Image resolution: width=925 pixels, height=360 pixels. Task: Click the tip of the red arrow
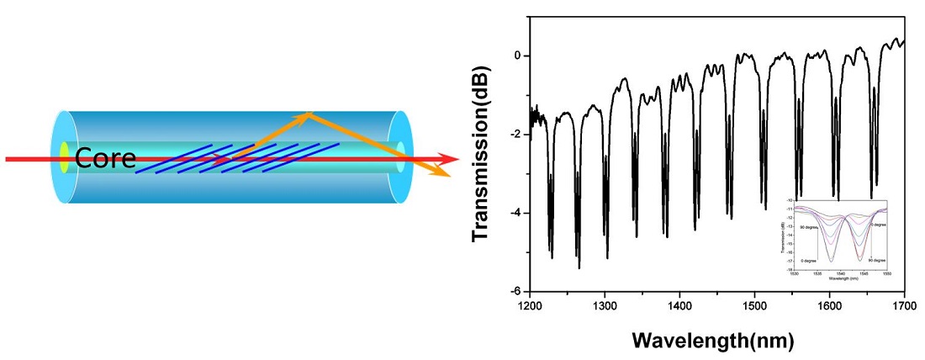click(457, 159)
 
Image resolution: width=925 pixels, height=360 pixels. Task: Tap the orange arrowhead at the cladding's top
click(309, 114)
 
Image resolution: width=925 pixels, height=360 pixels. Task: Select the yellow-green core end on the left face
click(64, 158)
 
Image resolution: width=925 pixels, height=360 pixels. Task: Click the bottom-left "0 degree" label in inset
click(810, 260)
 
